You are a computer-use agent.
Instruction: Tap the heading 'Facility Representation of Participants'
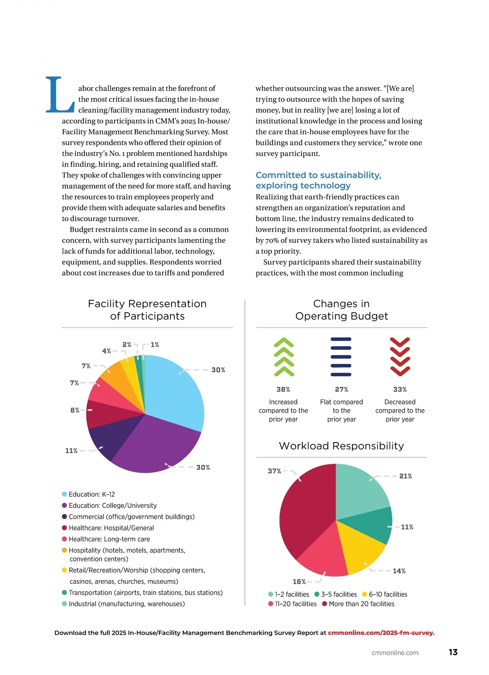pyautogui.click(x=147, y=310)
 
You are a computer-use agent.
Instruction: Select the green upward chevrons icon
pyautogui.click(x=284, y=357)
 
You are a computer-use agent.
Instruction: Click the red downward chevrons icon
pyautogui.click(x=400, y=357)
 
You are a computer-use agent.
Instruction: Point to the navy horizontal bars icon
pyautogui.click(x=341, y=357)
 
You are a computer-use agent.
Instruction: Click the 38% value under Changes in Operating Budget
pyautogui.click(x=283, y=390)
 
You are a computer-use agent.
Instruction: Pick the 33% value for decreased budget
pyautogui.click(x=400, y=390)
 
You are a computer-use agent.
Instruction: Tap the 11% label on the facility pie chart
pyautogui.click(x=71, y=451)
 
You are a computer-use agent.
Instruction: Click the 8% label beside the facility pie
pyautogui.click(x=75, y=410)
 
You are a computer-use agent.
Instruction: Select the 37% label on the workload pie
pyautogui.click(x=274, y=471)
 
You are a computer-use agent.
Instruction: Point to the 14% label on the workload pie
pyautogui.click(x=399, y=571)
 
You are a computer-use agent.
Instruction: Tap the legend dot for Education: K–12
pyautogui.click(x=64, y=494)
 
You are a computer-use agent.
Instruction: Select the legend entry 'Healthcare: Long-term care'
pyautogui.click(x=109, y=539)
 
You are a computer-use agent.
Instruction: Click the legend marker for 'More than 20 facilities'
pyautogui.click(x=325, y=604)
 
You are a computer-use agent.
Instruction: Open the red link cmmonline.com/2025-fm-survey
pyautogui.click(x=381, y=633)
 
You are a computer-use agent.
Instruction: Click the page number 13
pyautogui.click(x=453, y=652)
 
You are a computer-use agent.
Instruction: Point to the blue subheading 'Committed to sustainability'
pyautogui.click(x=318, y=175)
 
